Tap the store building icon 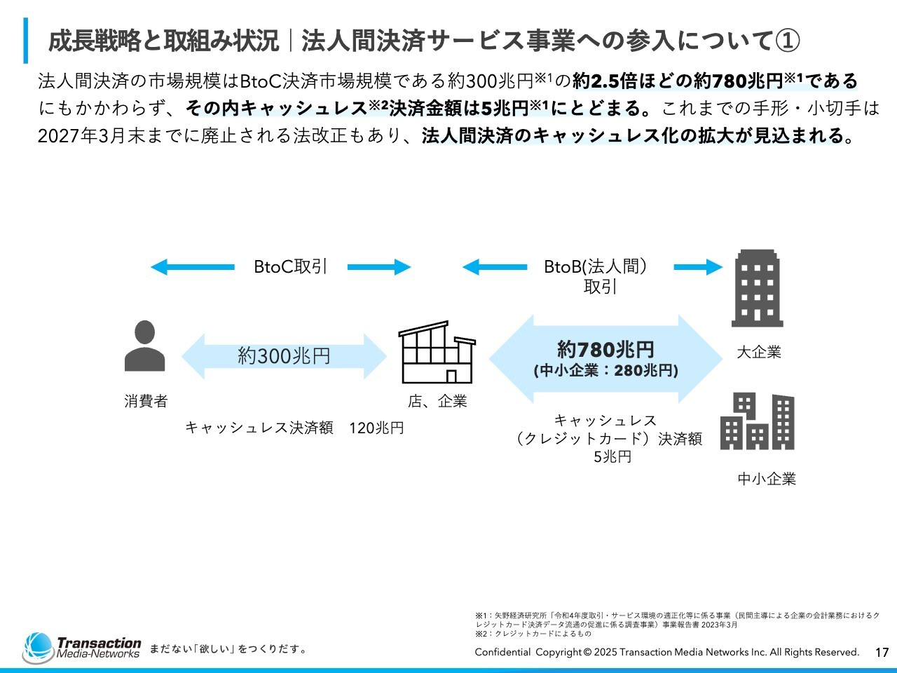tap(437, 352)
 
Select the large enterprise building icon tap(757, 288)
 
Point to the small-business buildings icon tap(757, 421)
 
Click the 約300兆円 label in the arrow tap(284, 356)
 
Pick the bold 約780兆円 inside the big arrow tap(605, 349)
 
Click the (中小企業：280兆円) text tap(605, 371)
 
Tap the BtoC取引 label tap(290, 267)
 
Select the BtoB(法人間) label tap(596, 267)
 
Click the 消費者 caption tap(146, 402)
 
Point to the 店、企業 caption tap(437, 402)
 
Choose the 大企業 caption tap(758, 353)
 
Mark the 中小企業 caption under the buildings tap(767, 480)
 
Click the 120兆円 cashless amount tap(376, 428)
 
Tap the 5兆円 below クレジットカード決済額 tap(612, 457)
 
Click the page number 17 tap(882, 653)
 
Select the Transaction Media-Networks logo tap(82, 648)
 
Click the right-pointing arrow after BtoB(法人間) tap(698, 267)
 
